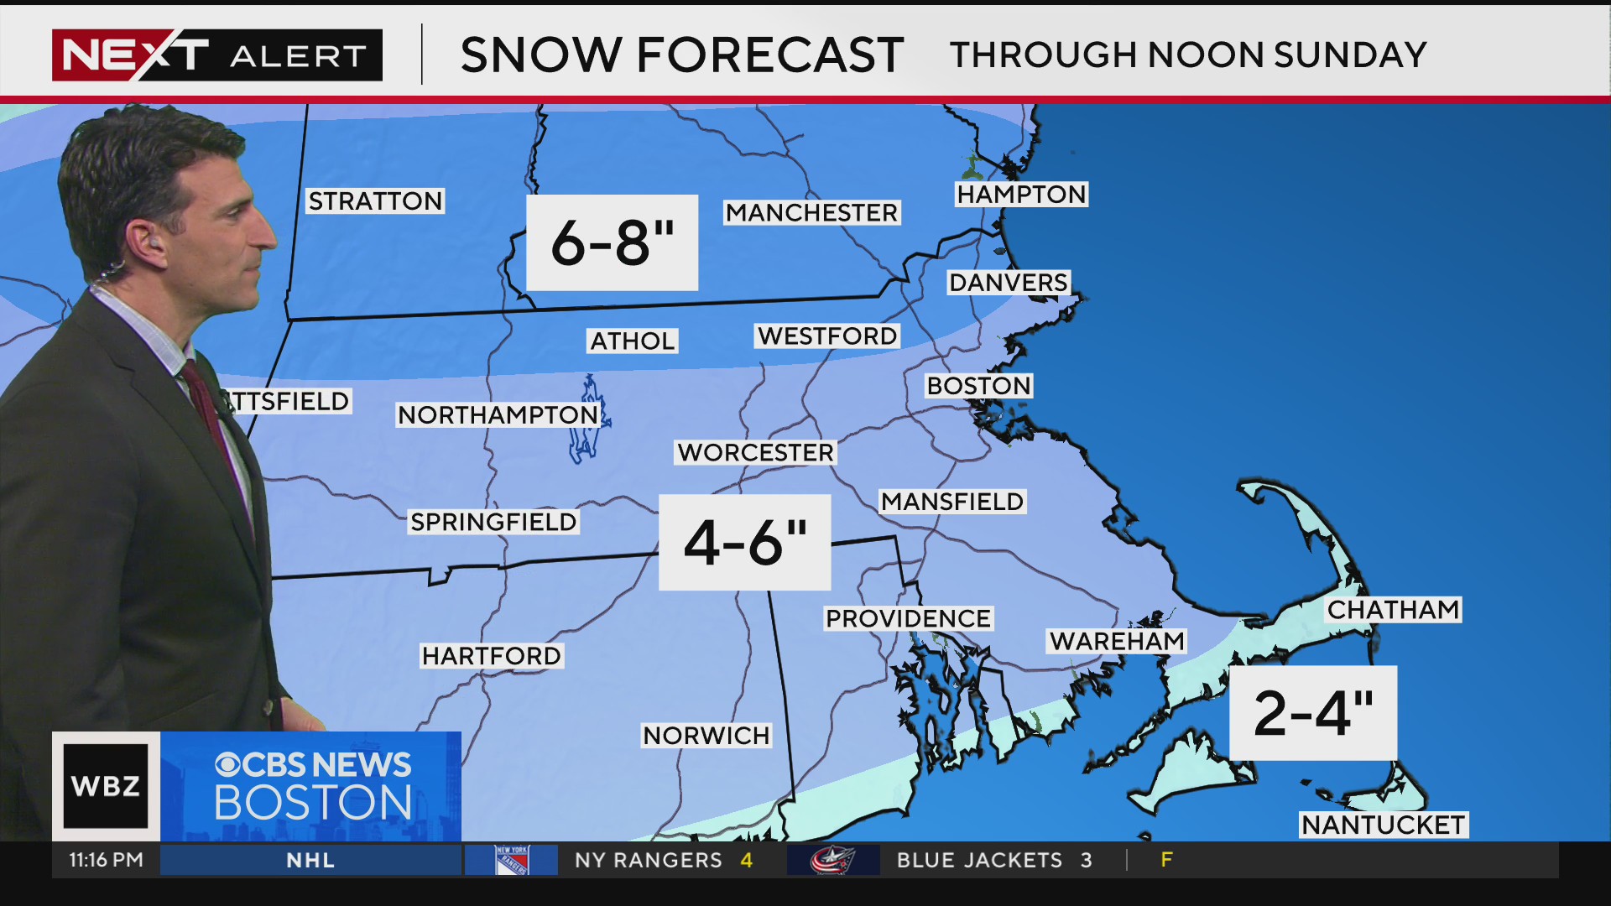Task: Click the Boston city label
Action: pyautogui.click(x=978, y=386)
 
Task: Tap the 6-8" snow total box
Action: pyautogui.click(x=612, y=242)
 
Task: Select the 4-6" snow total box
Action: pyautogui.click(x=744, y=542)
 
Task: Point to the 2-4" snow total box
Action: pyautogui.click(x=1312, y=713)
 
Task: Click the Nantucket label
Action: pyautogui.click(x=1383, y=825)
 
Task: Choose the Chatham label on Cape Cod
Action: pyautogui.click(x=1393, y=609)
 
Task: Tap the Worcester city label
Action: pyautogui.click(x=755, y=453)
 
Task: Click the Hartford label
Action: pyautogui.click(x=491, y=656)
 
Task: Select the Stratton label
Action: pyautogui.click(x=375, y=201)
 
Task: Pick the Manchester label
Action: pyautogui.click(x=811, y=213)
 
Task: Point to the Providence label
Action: pyautogui.click(x=908, y=619)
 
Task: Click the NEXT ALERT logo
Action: pyautogui.click(x=216, y=55)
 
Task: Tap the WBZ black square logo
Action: pyautogui.click(x=106, y=786)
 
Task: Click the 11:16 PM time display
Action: pyautogui.click(x=106, y=860)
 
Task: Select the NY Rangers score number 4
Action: pyautogui.click(x=746, y=860)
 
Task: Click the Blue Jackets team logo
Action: pyautogui.click(x=832, y=860)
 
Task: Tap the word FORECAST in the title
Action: pyautogui.click(x=769, y=55)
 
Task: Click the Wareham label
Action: pyautogui.click(x=1116, y=642)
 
